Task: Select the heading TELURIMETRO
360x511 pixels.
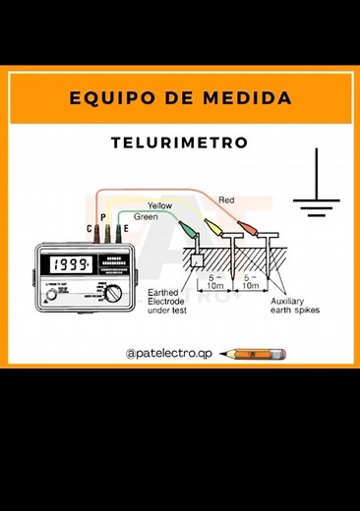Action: (x=180, y=143)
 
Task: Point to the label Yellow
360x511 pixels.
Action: (x=159, y=205)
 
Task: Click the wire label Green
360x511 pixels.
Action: (x=147, y=216)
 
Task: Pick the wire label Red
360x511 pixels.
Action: (x=226, y=200)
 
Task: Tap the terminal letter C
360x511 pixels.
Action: (x=90, y=229)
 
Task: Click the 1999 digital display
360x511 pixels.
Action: (x=73, y=265)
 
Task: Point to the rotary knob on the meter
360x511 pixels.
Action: (x=115, y=292)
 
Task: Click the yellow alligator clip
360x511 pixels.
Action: (x=213, y=232)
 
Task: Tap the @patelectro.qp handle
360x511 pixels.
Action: (x=168, y=352)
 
